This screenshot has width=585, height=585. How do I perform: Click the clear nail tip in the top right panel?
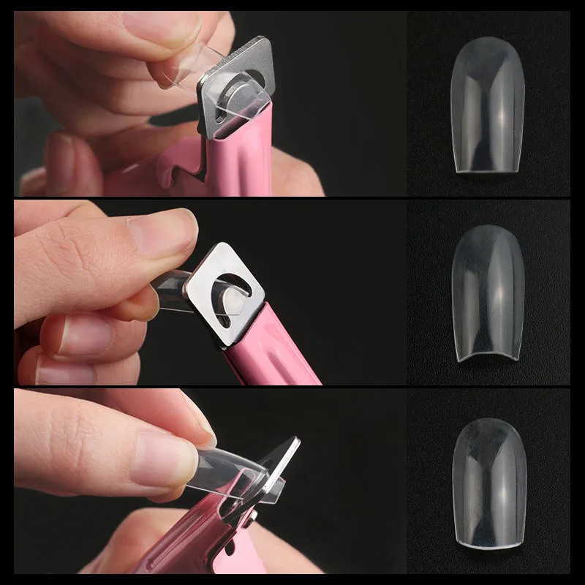(x=488, y=110)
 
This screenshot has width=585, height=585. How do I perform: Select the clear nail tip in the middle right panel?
(x=488, y=296)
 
